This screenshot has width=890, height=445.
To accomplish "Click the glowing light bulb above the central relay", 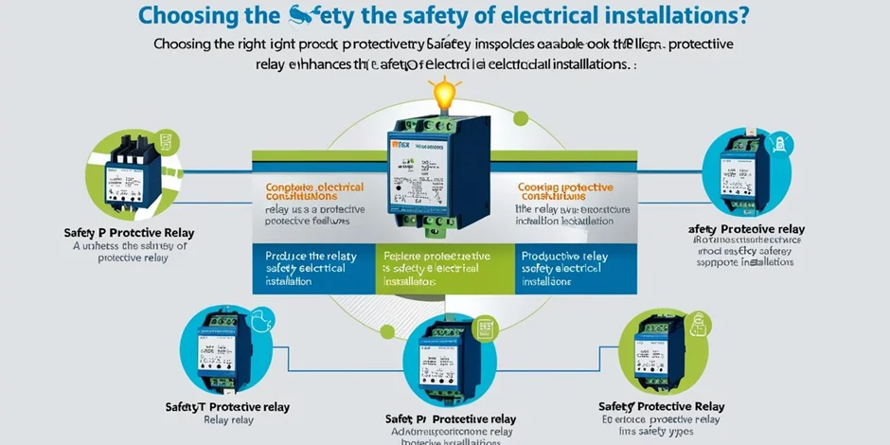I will tap(444, 94).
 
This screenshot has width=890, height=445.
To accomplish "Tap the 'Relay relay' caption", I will tap(228, 420).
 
